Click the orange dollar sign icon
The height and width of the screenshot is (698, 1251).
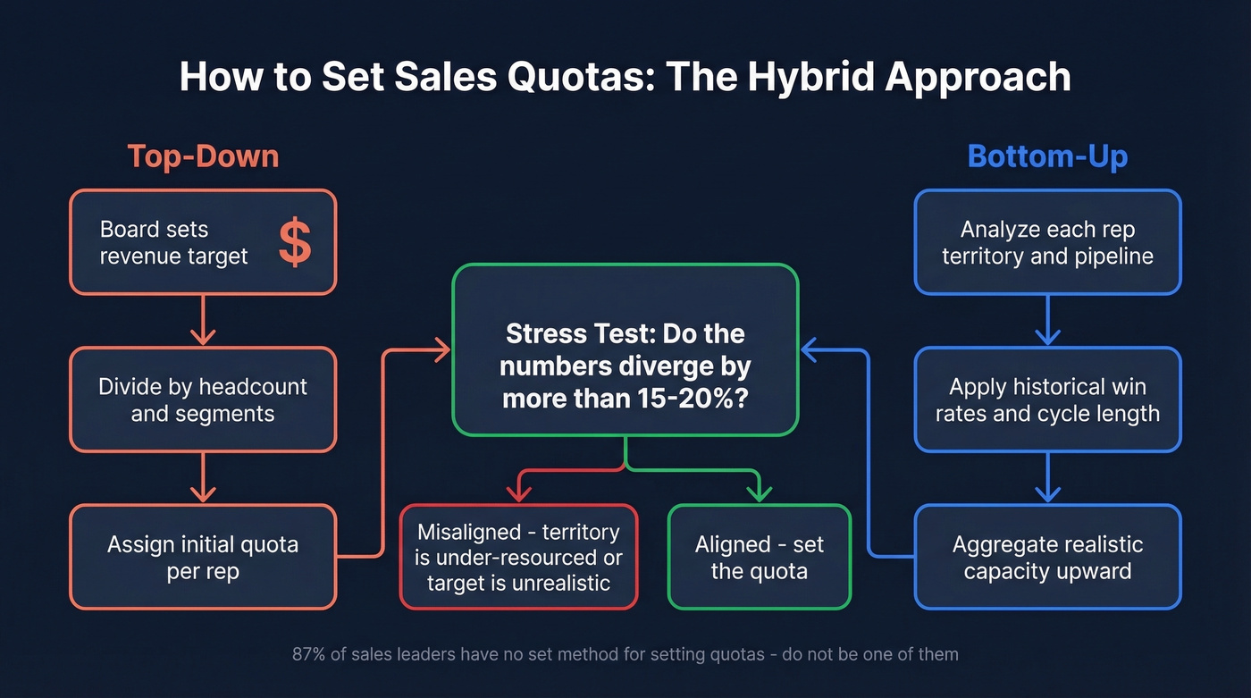(x=295, y=242)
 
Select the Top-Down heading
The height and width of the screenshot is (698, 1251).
(x=203, y=156)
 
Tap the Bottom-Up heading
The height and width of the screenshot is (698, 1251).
(x=1047, y=156)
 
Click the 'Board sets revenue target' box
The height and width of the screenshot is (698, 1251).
(x=203, y=242)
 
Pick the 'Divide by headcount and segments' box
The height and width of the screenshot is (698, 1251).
(x=203, y=399)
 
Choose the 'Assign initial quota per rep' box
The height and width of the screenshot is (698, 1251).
(x=203, y=557)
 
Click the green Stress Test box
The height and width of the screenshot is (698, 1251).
(x=625, y=349)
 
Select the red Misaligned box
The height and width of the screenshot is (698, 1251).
(x=518, y=557)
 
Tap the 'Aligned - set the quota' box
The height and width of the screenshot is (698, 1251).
(x=760, y=557)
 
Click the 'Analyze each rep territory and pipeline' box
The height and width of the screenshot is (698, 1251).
(x=1047, y=242)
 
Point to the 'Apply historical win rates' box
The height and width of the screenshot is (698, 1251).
(x=1047, y=399)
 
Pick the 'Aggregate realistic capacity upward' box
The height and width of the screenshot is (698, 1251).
(x=1047, y=557)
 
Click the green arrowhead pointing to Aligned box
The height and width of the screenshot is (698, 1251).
(x=760, y=493)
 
